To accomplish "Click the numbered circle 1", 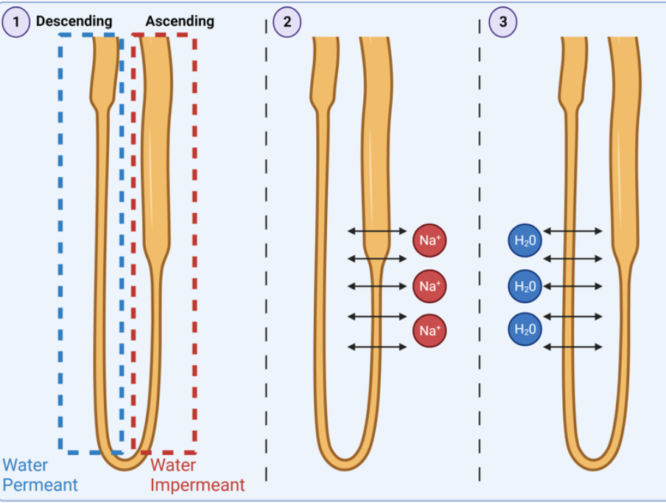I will (16, 21).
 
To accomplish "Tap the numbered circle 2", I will (287, 21).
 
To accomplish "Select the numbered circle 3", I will (502, 21).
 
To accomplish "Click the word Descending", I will (74, 21).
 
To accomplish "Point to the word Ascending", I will (180, 21).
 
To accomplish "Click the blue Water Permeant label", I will (40, 475).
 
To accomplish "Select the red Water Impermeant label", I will (197, 475).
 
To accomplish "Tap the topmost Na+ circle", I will (429, 240).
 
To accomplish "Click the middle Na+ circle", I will (429, 286).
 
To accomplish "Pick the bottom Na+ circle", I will (429, 330).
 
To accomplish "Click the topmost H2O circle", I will (525, 240).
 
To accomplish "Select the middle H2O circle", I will (525, 286).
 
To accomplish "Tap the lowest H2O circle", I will (525, 329).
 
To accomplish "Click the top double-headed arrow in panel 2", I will (376, 232).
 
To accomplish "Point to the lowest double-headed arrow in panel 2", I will (376, 347).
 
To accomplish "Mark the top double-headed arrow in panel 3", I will (572, 232).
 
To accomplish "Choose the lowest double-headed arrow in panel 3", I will (572, 347).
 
